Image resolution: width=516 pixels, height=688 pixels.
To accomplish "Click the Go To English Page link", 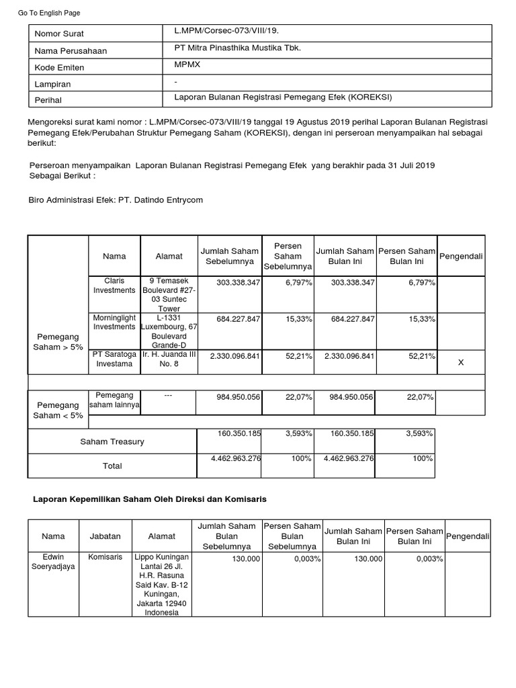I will pyautogui.click(x=48, y=13).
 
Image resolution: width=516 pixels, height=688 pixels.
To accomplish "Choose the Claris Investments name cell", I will pyautogui.click(x=114, y=285).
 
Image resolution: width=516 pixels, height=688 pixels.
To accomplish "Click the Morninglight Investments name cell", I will pyautogui.click(x=114, y=321).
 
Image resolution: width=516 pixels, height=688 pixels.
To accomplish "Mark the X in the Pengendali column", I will pyautogui.click(x=460, y=362).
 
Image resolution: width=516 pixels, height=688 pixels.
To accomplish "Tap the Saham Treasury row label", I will pyautogui.click(x=112, y=441).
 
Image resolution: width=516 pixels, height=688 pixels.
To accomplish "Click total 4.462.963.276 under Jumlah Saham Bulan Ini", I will pyautogui.click(x=348, y=458).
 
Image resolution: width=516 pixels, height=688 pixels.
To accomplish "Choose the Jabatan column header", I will pyautogui.click(x=105, y=536).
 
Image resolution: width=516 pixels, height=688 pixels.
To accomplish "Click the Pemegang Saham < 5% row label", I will pyautogui.click(x=58, y=411).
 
